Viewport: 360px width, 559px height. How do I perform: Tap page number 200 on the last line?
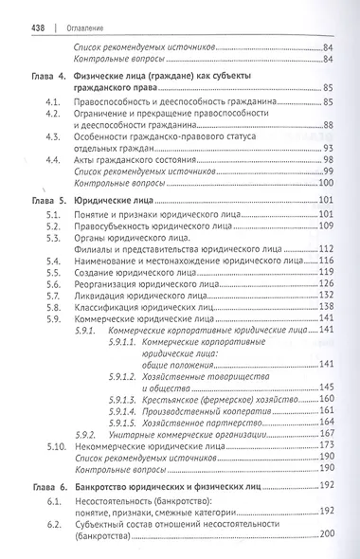328,536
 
